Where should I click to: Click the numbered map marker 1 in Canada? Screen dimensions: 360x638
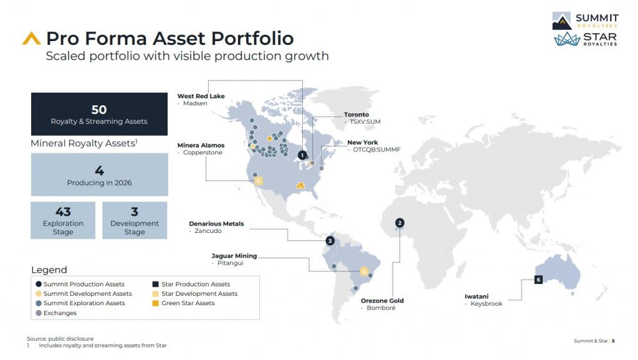click(x=302, y=155)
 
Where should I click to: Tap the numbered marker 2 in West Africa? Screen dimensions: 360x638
click(x=400, y=222)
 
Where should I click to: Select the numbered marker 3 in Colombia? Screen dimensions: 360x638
click(x=330, y=240)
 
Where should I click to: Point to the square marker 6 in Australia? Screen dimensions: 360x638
click(x=538, y=280)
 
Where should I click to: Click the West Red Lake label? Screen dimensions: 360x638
click(x=201, y=96)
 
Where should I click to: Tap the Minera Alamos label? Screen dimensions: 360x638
click(x=201, y=145)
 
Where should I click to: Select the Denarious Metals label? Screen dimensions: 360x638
click(x=216, y=224)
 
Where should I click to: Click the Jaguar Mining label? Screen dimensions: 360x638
click(x=234, y=256)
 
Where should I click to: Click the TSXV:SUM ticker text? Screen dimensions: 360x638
click(x=365, y=122)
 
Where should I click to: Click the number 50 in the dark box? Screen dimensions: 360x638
click(x=99, y=110)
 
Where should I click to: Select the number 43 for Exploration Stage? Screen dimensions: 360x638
click(x=63, y=212)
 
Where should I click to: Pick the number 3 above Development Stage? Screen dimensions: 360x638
click(x=135, y=212)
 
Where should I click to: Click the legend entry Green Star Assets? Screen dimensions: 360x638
click(x=188, y=303)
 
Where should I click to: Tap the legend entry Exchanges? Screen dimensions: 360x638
click(x=61, y=313)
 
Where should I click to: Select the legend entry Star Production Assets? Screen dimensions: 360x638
click(x=195, y=284)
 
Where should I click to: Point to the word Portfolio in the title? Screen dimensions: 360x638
click(x=252, y=38)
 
